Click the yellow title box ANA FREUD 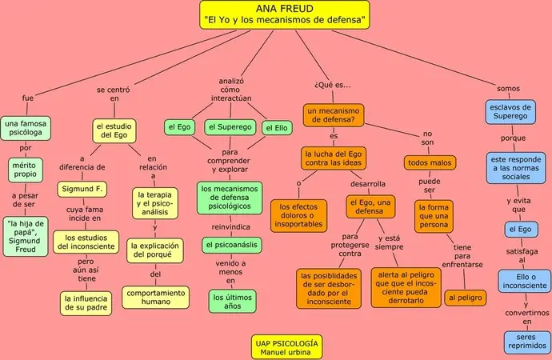284,14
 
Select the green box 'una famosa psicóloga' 25,129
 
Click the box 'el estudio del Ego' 114,130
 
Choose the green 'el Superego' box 230,127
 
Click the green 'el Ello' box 276,127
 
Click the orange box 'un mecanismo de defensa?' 334,114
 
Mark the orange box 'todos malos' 430,162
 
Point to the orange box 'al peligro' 465,298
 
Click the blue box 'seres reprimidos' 526,342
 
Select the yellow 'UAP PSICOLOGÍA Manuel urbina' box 286,346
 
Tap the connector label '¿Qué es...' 334,85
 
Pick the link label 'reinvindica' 230,226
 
